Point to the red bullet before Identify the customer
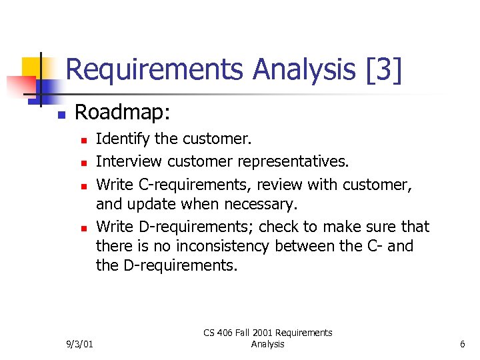[x=82, y=141]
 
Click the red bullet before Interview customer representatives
[x=82, y=162]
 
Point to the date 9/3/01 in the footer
[x=81, y=344]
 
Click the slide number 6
[x=462, y=344]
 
